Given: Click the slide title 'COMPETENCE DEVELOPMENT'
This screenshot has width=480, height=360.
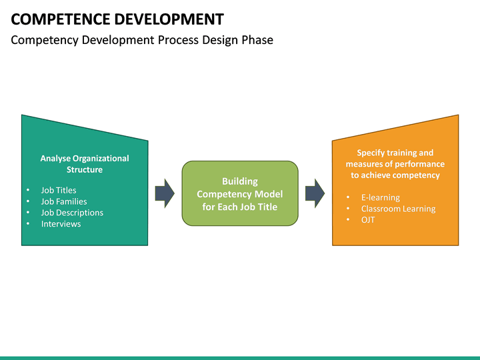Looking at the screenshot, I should pos(117,19).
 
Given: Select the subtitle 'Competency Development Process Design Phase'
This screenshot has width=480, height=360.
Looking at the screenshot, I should pos(142,40).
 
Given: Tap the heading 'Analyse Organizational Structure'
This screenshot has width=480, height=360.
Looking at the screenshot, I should pos(85,164).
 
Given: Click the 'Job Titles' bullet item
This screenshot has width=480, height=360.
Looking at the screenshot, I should pos(59,190).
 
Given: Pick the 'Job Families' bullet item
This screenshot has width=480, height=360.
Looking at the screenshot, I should pos(64,201).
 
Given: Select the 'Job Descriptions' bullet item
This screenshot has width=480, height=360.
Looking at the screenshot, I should pos(72,213).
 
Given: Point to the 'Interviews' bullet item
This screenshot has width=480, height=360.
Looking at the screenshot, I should pos(61,224).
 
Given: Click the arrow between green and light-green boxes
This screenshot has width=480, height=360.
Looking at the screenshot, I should pos(165,193).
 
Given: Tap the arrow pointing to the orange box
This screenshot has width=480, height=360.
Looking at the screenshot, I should pos(315,193).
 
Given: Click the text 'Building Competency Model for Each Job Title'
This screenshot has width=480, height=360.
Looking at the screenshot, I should pos(239,194).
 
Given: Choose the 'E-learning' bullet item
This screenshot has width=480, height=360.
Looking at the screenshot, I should pos(381,197).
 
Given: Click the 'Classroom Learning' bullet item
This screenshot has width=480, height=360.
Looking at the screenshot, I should pos(398,209).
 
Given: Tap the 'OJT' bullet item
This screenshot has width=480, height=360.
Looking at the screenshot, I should pos(368,220).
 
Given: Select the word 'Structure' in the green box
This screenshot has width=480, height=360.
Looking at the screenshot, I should pos(85,170).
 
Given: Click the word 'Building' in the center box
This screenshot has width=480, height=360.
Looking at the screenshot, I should pos(239,181).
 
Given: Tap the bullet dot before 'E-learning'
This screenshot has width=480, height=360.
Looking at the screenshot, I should pos(349,198).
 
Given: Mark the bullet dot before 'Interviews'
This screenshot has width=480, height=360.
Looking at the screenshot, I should pos(28,224).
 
